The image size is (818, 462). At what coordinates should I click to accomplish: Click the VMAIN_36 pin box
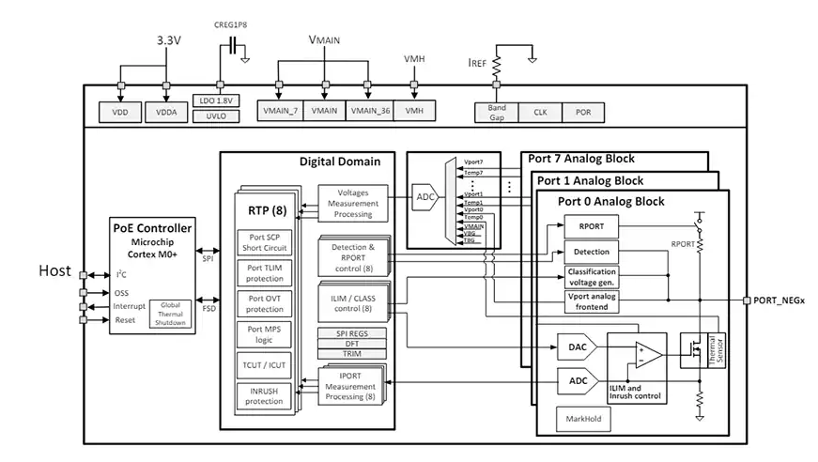click(x=370, y=111)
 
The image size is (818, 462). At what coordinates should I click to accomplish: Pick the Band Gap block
click(x=497, y=111)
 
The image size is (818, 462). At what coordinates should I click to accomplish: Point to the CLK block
click(x=540, y=111)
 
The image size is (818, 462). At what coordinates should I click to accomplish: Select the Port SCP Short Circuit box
click(x=264, y=242)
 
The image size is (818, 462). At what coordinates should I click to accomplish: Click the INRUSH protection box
click(x=264, y=395)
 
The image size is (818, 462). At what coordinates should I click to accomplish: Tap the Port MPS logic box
click(x=264, y=335)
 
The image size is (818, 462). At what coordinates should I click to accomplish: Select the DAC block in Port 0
click(x=578, y=347)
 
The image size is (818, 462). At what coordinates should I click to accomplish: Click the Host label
click(x=54, y=270)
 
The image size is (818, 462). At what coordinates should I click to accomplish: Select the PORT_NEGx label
click(x=779, y=300)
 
